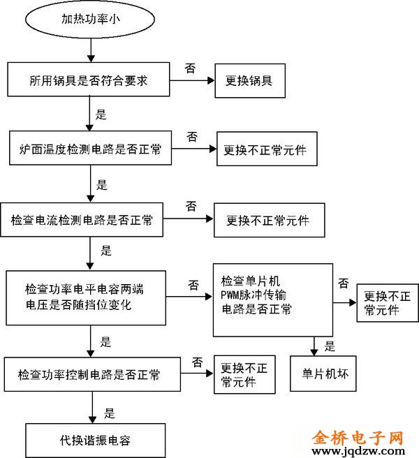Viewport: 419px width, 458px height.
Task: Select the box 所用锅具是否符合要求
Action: [90, 81]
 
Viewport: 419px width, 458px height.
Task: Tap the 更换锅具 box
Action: [249, 81]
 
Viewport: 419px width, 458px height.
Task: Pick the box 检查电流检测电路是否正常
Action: [82, 220]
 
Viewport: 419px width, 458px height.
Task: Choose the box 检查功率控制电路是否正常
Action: [89, 376]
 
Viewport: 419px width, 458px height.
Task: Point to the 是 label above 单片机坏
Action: [330, 346]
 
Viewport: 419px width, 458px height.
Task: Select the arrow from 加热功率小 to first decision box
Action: [90, 49]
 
